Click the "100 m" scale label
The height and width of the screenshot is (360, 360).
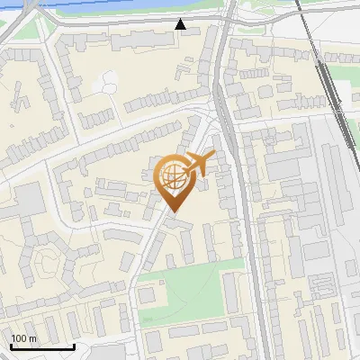(x=23, y=338)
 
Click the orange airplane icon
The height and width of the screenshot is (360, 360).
(x=198, y=163)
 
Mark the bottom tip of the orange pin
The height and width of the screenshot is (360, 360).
(x=172, y=212)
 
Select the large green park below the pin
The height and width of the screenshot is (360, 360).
(x=193, y=288)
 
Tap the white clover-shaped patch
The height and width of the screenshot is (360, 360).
(x=105, y=82)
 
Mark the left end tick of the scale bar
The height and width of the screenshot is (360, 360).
(x=11, y=346)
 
